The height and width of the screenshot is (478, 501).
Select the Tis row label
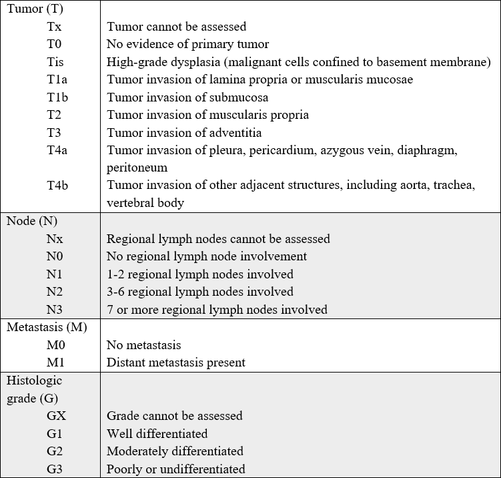56,62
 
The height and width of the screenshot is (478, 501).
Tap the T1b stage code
57,97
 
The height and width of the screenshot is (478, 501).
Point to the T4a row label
57,150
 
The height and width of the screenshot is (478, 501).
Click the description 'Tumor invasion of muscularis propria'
207,115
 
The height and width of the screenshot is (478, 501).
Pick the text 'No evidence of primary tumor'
187,45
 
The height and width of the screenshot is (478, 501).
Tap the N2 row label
55,292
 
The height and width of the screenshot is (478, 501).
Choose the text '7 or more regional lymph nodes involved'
217,309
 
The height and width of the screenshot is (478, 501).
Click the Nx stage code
55,238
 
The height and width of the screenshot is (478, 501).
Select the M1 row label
56,363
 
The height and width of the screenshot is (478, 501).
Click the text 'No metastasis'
143,345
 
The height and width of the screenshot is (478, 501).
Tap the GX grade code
57,415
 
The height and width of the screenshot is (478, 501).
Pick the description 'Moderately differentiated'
175,451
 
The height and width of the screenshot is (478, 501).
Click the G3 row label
55,469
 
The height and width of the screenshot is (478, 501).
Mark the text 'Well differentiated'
157,433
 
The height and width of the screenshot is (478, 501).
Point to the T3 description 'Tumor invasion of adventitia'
184,132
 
